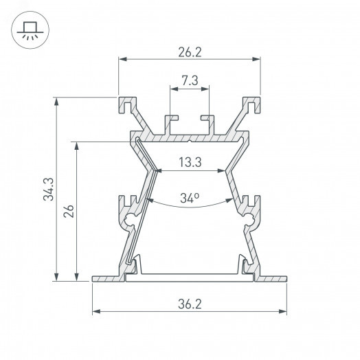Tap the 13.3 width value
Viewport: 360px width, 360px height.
[190, 162]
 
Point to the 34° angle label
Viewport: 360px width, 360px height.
[190, 199]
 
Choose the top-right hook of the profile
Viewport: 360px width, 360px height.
[254, 104]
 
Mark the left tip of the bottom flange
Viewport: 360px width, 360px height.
[93, 279]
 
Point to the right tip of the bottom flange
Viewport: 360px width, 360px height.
[286, 279]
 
